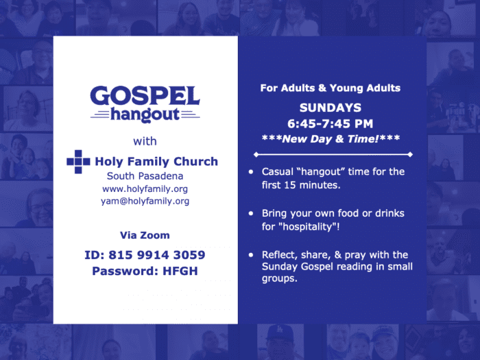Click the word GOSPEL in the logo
point(145,96)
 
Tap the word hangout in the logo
point(145,115)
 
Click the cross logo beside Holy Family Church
point(78,162)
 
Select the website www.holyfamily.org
point(145,189)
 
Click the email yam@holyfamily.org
point(145,201)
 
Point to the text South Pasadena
point(145,176)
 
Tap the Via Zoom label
point(145,235)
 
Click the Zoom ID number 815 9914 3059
point(157,254)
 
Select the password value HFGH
point(180,271)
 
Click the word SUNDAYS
point(331,108)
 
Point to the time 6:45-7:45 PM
point(331,123)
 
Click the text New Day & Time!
point(331,139)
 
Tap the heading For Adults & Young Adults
point(331,88)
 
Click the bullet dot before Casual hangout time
point(251,171)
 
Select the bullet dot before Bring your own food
point(251,213)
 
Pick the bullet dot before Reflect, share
point(251,254)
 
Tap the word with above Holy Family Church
point(145,141)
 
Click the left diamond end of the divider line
point(256,154)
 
